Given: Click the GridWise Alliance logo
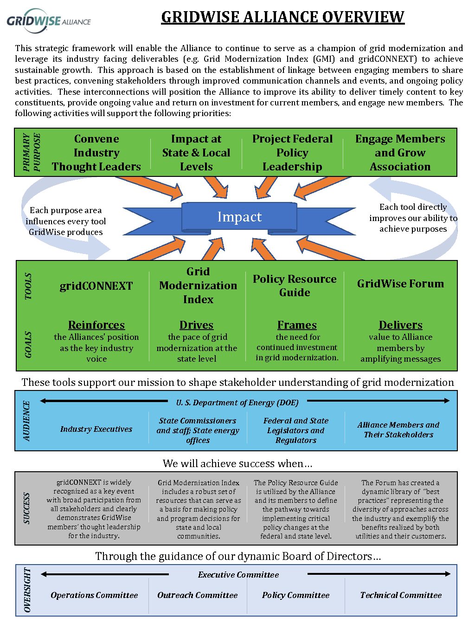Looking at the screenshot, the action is click(x=49, y=21).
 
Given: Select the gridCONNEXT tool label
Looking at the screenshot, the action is click(x=96, y=286).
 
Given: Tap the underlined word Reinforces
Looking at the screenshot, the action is click(x=96, y=325).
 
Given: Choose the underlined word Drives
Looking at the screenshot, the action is click(x=196, y=325).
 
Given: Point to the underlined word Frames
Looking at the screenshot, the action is click(x=297, y=325).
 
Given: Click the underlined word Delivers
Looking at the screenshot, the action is click(x=400, y=325).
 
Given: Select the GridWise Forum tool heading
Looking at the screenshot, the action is click(x=400, y=283).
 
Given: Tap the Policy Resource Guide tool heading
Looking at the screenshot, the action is click(x=295, y=286).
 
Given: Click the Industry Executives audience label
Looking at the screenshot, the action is click(x=96, y=429).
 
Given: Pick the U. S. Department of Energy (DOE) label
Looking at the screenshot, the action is click(x=237, y=402).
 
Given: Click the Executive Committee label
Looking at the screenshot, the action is click(x=238, y=574).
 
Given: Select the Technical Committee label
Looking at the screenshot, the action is click(x=401, y=595).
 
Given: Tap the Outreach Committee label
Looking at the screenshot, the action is click(x=197, y=595).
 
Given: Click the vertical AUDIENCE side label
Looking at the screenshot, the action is click(x=26, y=421).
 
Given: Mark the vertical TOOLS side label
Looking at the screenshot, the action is click(x=28, y=286).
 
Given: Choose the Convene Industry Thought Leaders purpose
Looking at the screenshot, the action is click(x=96, y=152).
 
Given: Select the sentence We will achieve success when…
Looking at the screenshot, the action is click(x=237, y=463).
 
